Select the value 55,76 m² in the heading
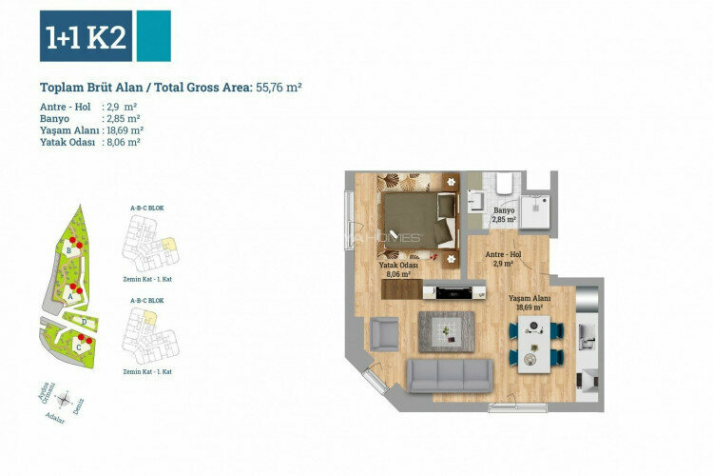tap(279, 87)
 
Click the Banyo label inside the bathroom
tap(503, 214)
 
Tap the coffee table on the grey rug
tap(444, 330)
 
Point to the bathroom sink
tap(476, 200)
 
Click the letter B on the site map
tap(69, 251)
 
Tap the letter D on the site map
tap(86, 322)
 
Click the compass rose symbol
tap(65, 401)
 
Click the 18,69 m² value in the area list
tap(124, 129)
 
